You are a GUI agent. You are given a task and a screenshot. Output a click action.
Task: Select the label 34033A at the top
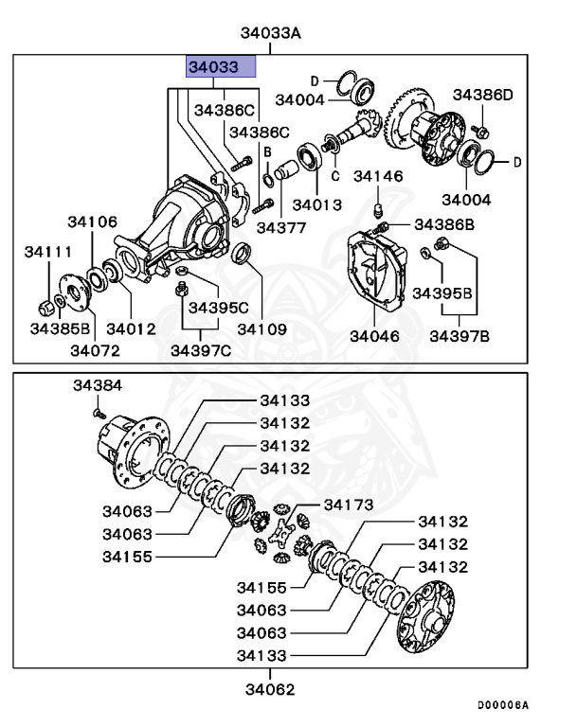tap(270, 33)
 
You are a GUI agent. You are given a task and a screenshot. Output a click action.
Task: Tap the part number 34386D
tap(481, 95)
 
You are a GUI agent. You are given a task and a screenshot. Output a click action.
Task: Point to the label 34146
tap(378, 176)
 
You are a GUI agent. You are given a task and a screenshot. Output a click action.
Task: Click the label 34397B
tap(460, 336)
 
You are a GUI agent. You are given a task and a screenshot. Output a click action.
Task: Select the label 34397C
tap(200, 351)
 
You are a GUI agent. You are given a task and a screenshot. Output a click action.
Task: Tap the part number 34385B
tap(60, 328)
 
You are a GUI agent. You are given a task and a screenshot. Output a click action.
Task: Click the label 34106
tap(92, 222)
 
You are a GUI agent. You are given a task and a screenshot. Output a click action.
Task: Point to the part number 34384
tap(98, 386)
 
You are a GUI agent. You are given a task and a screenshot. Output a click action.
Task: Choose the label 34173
tap(349, 504)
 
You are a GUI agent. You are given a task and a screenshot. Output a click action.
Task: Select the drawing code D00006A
tap(502, 706)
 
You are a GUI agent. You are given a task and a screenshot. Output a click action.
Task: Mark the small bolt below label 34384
tap(97, 412)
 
